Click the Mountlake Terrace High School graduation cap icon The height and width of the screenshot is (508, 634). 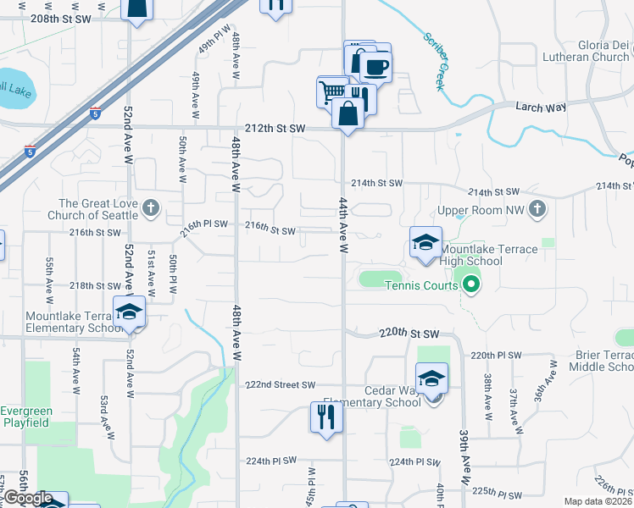[425, 242]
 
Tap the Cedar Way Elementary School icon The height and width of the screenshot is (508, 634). [431, 378]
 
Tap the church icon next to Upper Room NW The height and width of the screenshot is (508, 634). [537, 208]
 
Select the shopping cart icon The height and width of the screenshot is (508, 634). [331, 90]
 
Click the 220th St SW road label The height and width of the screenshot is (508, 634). [409, 333]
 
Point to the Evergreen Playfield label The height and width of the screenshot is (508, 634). [25, 417]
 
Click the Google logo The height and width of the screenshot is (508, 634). [27, 499]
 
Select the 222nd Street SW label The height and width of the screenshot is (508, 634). [280, 384]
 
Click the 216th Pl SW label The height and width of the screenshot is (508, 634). [204, 224]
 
